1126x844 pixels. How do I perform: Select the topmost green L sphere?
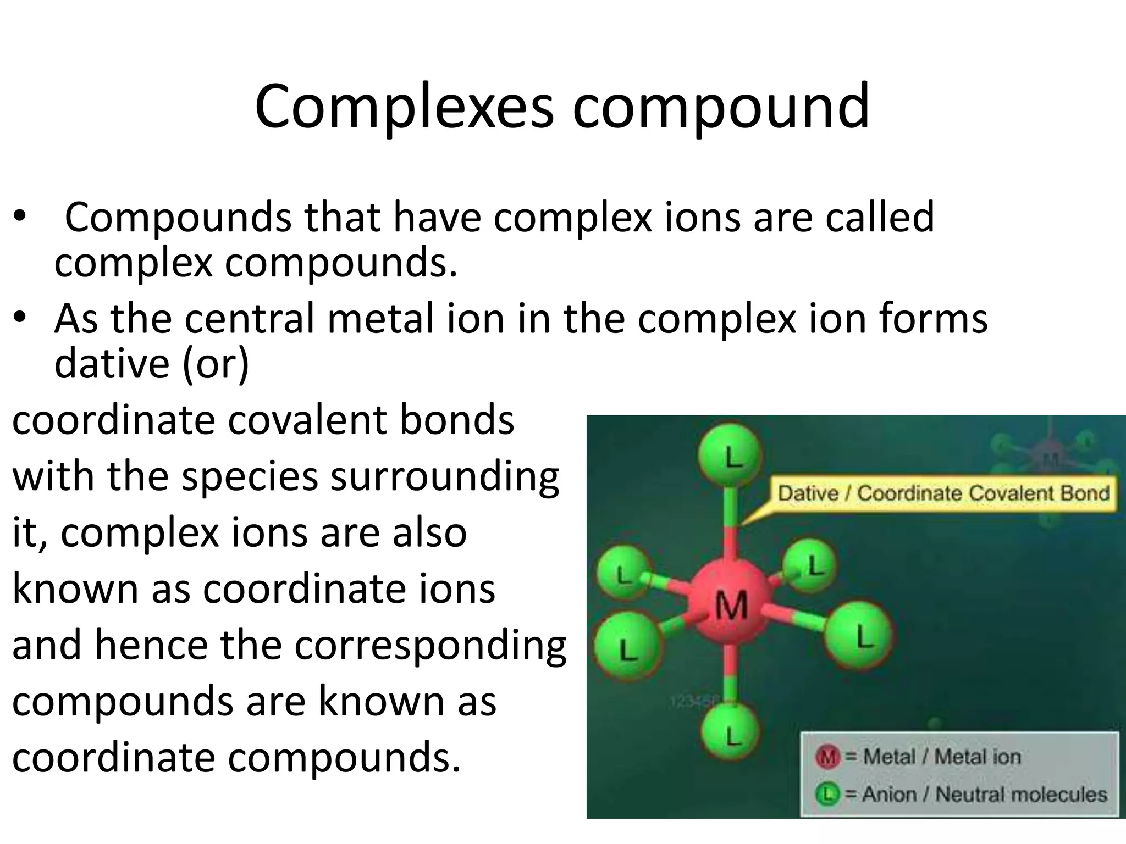tap(730, 456)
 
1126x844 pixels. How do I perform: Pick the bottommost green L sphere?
tap(731, 734)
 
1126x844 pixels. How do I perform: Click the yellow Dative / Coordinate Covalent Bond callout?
tap(942, 493)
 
